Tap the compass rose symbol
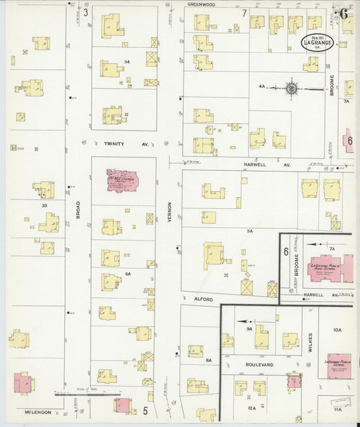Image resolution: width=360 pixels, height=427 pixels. (292, 88)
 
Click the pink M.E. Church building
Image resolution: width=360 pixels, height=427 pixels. (122, 181)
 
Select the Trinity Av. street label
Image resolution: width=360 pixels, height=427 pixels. (117, 144)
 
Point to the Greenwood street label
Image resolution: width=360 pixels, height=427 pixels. (201, 4)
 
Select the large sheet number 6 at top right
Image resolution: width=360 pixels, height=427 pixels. (344, 13)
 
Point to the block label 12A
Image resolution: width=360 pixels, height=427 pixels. (251, 408)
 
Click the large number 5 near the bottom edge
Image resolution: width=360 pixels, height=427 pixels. (145, 410)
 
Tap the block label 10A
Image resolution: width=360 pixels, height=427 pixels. (337, 330)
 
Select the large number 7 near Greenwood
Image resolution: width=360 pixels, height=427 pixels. (244, 13)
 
